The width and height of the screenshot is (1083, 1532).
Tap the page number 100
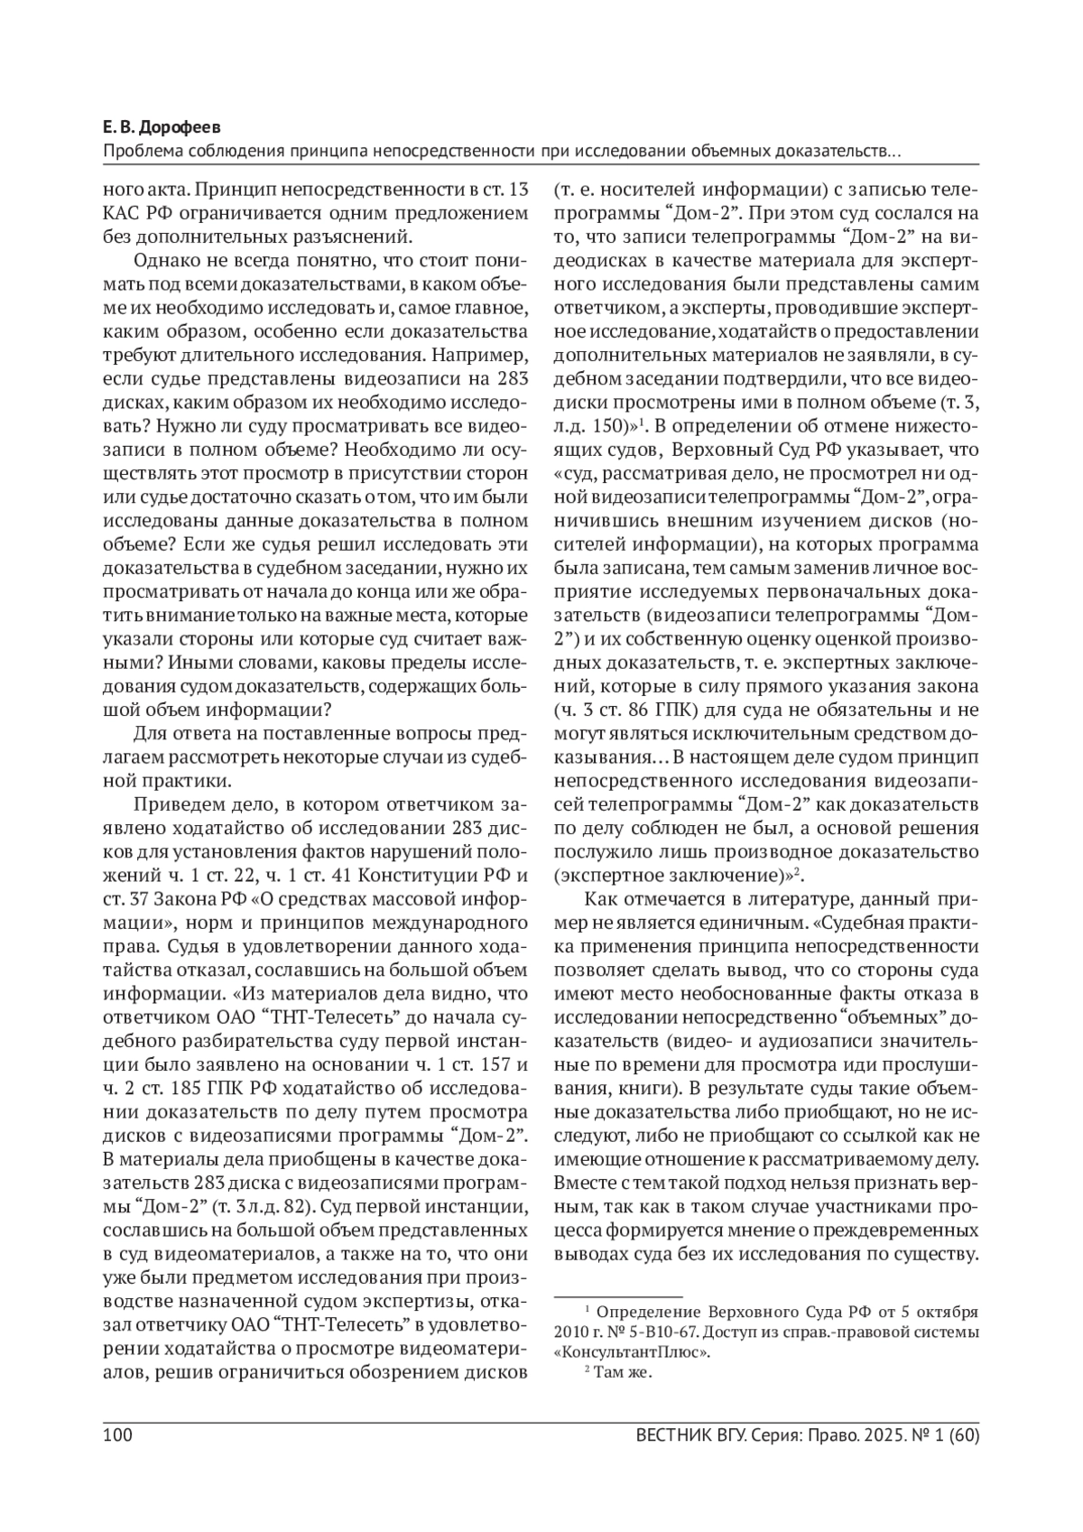tap(118, 1435)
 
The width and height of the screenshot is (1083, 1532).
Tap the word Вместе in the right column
tap(580, 1183)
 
